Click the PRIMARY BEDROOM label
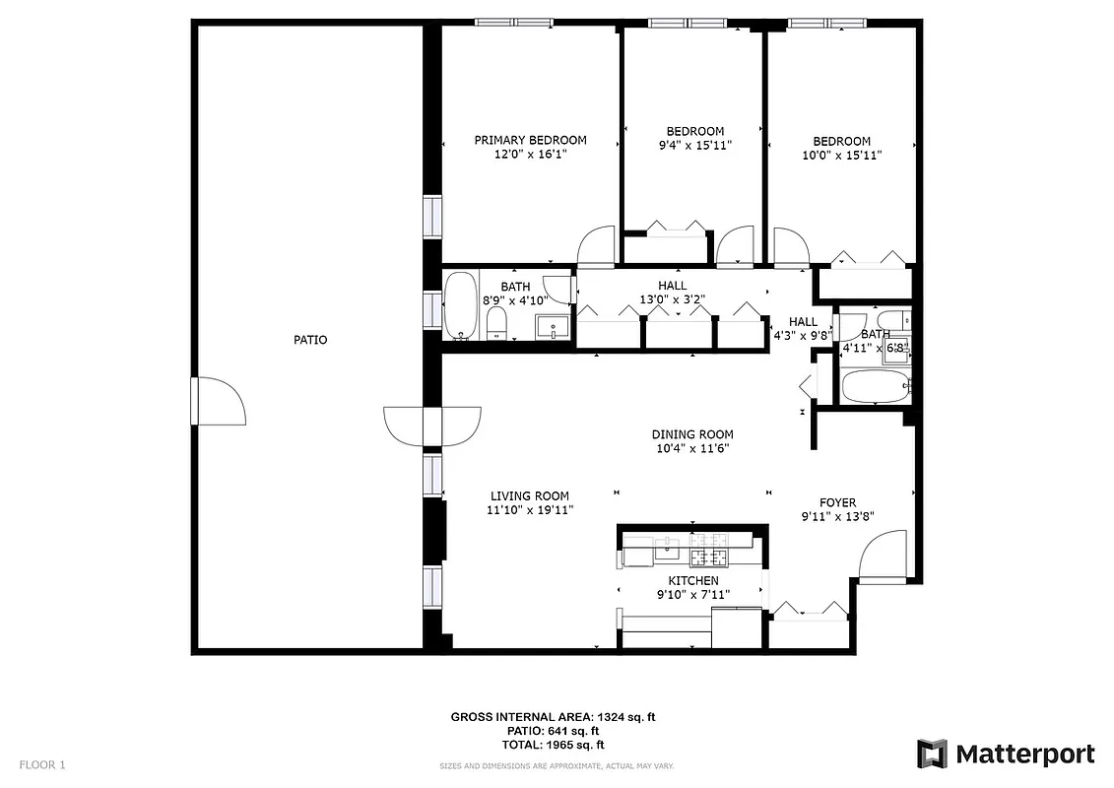(530, 140)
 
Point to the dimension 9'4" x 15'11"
(694, 145)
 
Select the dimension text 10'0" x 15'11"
(841, 155)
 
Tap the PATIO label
(310, 340)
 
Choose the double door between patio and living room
(431, 426)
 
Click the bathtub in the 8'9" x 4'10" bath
(459, 305)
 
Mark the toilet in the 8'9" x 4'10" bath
(496, 322)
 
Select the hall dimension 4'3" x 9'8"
(803, 336)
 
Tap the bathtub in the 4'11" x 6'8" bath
(875, 386)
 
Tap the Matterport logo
(1005, 755)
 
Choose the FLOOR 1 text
(42, 764)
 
